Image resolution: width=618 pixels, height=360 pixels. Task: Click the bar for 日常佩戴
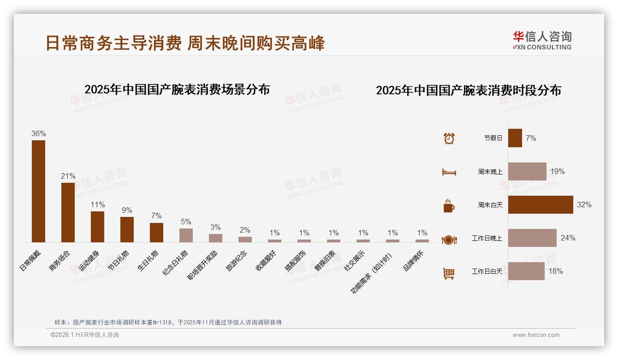38,191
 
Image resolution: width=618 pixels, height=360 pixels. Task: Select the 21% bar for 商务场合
68,212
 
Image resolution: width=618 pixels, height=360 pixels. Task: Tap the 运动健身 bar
97,227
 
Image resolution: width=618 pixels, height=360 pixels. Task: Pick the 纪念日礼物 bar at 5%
186,235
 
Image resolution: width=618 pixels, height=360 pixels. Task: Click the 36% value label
38,133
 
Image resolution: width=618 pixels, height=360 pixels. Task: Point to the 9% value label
127,210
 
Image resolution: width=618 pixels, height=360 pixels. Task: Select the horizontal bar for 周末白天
541,204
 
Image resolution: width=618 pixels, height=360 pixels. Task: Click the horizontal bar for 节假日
515,138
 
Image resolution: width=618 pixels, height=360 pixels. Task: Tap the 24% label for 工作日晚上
568,238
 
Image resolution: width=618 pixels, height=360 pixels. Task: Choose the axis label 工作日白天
487,271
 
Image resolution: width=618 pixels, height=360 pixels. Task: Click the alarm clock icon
449,138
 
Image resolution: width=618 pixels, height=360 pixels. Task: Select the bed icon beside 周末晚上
449,172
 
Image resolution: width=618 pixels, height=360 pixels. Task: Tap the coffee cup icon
449,206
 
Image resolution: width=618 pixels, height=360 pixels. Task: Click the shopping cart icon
449,273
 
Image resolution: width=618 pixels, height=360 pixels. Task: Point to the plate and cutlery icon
449,240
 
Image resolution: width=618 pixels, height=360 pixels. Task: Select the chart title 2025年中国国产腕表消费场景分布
177,89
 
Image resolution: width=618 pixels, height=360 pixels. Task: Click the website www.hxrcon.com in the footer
535,335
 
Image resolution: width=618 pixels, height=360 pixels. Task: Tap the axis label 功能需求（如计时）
371,274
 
